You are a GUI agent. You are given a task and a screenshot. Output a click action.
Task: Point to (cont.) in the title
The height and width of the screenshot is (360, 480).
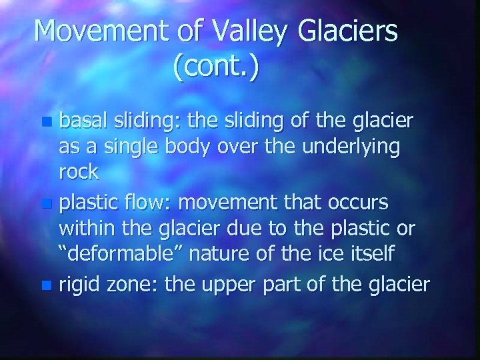(x=215, y=69)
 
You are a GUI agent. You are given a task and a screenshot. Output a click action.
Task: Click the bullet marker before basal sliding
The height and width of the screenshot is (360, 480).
(x=45, y=123)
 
